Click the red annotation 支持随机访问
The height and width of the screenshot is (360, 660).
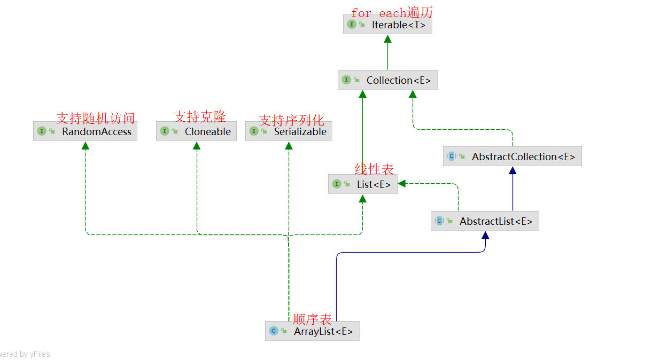[x=96, y=118]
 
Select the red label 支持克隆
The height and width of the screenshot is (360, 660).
[x=200, y=116]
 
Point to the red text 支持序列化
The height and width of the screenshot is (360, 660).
[x=291, y=120]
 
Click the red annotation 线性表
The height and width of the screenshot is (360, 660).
[x=374, y=169]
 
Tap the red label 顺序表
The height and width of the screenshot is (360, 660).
[x=312, y=319]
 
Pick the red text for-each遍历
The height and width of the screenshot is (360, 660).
[x=392, y=13]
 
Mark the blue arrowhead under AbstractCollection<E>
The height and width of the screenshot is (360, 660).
[x=513, y=170]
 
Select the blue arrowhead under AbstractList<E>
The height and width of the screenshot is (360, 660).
[x=485, y=235]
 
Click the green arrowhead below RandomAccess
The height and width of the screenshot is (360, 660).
[x=85, y=145]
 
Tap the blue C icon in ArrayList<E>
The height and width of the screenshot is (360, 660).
[x=274, y=331]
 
